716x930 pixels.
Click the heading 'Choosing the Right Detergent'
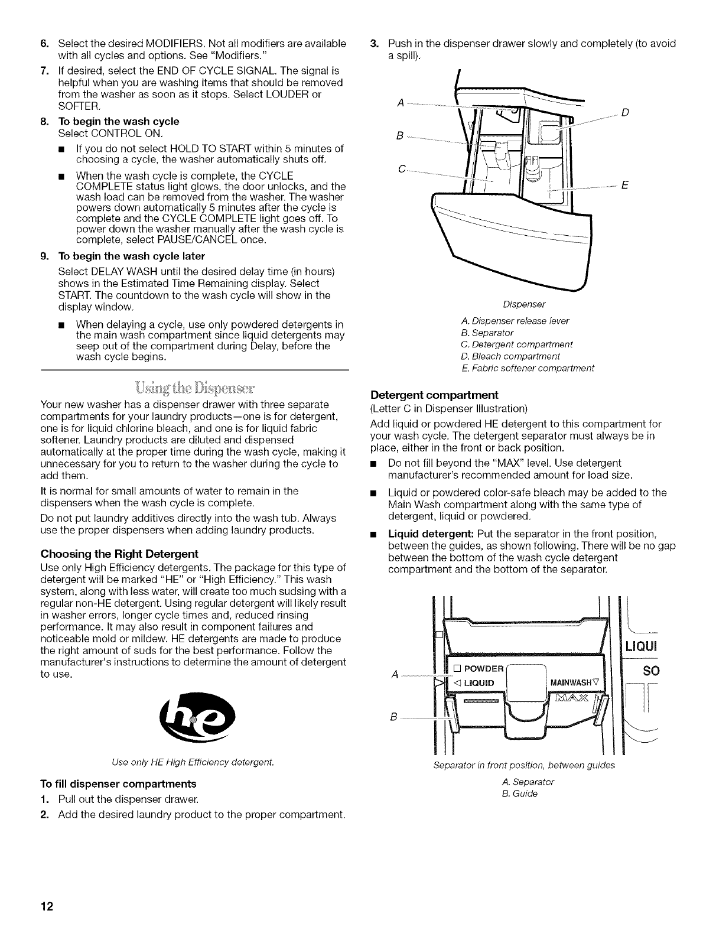click(119, 554)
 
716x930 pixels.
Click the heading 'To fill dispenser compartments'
click(118, 784)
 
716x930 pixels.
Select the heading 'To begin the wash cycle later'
click(131, 256)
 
